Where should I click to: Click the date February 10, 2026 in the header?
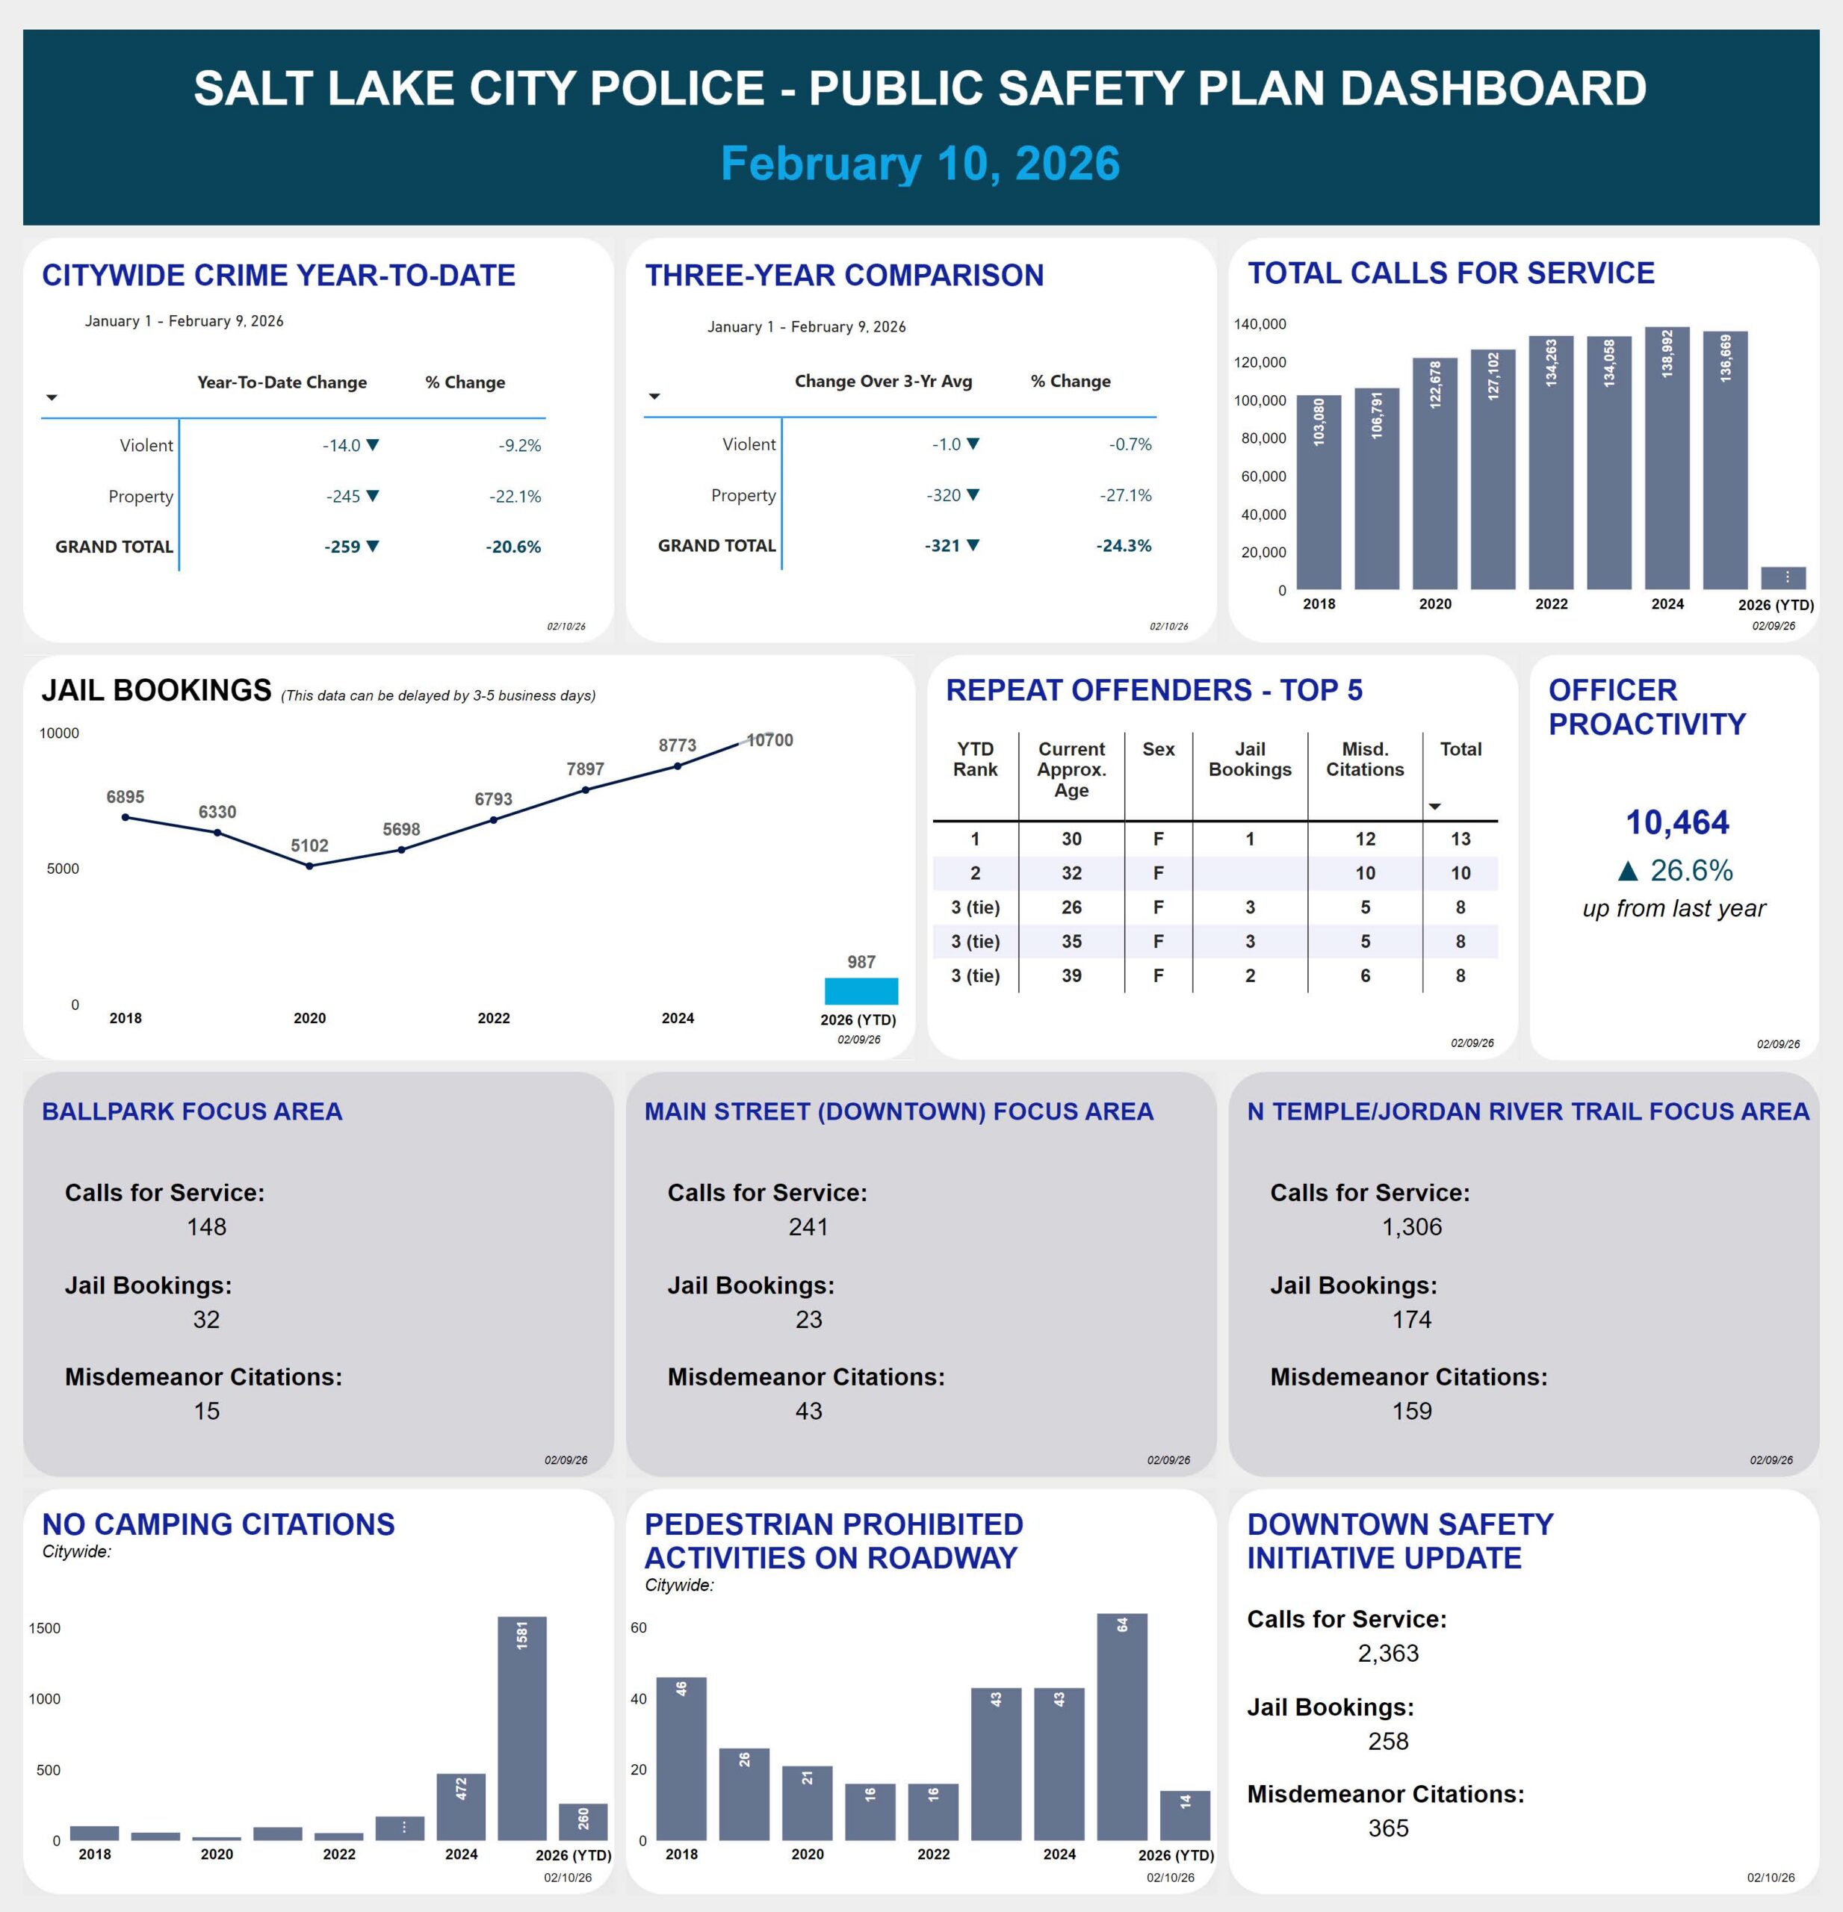(920, 163)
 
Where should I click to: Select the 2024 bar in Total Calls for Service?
(1667, 459)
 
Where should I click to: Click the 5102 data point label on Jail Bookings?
(309, 845)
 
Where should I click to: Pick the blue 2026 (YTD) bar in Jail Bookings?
(861, 991)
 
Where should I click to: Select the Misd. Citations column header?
(1364, 759)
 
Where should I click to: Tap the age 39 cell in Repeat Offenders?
(1071, 975)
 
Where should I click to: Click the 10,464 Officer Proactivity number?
(1676, 822)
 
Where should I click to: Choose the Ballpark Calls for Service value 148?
(207, 1226)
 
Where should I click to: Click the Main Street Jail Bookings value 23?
(809, 1319)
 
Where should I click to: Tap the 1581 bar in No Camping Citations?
(522, 1728)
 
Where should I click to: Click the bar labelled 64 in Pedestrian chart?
(1122, 1726)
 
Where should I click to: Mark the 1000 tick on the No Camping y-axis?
(45, 1698)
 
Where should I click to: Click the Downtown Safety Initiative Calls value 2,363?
(1387, 1653)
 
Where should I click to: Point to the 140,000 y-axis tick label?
(1260, 324)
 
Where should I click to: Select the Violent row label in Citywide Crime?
(146, 446)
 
